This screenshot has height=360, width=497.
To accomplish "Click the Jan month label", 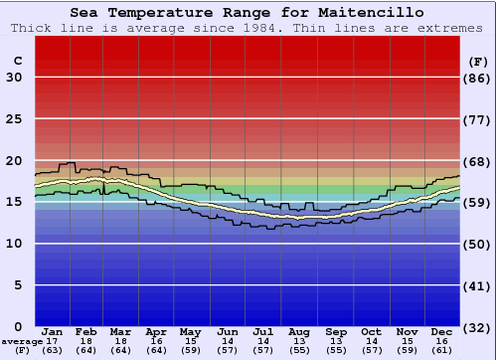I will click(x=53, y=331).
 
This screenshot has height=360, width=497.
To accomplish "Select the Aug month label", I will click(x=300, y=331).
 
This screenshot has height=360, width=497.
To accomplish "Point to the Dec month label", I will click(x=442, y=331).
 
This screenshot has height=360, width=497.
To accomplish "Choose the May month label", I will click(x=189, y=331).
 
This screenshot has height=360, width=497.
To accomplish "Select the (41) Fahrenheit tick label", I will click(x=477, y=285).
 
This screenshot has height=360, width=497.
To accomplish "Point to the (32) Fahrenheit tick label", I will click(x=477, y=326).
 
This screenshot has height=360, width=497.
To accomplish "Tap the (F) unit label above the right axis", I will click(x=477, y=61).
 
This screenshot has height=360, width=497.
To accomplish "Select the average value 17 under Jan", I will click(x=53, y=341).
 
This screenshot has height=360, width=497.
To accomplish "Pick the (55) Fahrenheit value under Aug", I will click(x=300, y=350).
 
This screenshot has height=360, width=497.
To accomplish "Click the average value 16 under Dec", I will click(x=442, y=341).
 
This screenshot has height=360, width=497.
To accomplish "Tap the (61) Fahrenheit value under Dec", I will click(x=442, y=350).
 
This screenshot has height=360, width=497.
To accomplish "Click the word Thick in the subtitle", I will click(x=31, y=28).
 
